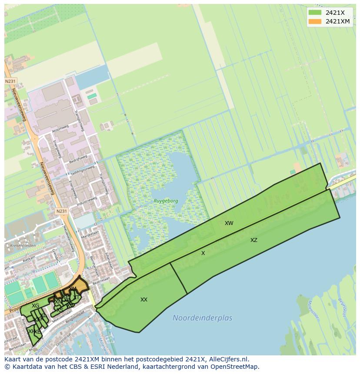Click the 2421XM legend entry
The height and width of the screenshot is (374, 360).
pyautogui.click(x=337, y=21)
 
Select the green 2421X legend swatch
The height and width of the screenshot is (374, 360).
pyautogui.click(x=315, y=13)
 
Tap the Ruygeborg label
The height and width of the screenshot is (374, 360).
pyautogui.click(x=166, y=201)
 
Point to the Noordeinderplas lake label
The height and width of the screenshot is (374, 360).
pyautogui.click(x=202, y=318)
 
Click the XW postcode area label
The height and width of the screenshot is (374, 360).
pyautogui.click(x=229, y=223)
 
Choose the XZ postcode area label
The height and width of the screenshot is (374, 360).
pyautogui.click(x=254, y=240)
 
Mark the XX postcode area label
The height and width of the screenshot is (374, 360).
pyautogui.click(x=144, y=300)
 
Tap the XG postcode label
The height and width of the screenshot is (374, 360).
pyautogui.click(x=36, y=306)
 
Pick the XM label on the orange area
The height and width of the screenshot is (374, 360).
pyautogui.click(x=73, y=289)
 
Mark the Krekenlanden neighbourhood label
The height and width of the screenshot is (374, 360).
pyautogui.click(x=14, y=245)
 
